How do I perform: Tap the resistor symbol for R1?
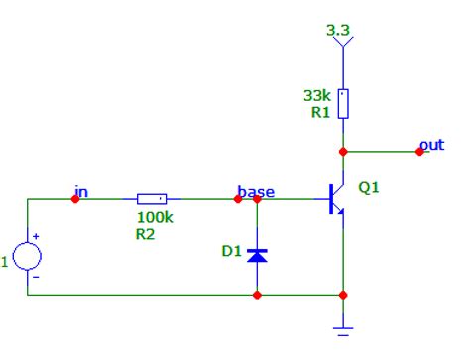pyautogui.click(x=343, y=104)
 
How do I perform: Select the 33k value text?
pyautogui.click(x=316, y=96)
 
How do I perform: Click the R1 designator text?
pyautogui.click(x=318, y=113)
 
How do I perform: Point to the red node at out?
pyautogui.click(x=419, y=152)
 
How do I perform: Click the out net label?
pyautogui.click(x=431, y=145)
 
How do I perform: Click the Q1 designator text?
pyautogui.click(x=368, y=186)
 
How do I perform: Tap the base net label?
pyautogui.click(x=256, y=190)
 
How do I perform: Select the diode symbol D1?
pyautogui.click(x=257, y=254)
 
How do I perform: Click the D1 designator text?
pyautogui.click(x=231, y=252)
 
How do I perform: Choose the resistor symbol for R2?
pyautogui.click(x=151, y=199)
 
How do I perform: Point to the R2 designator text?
pyautogui.click(x=146, y=236)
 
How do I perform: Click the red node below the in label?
pyautogui.click(x=75, y=199)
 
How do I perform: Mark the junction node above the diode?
pyautogui.click(x=257, y=199)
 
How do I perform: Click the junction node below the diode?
pyautogui.click(x=257, y=295)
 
